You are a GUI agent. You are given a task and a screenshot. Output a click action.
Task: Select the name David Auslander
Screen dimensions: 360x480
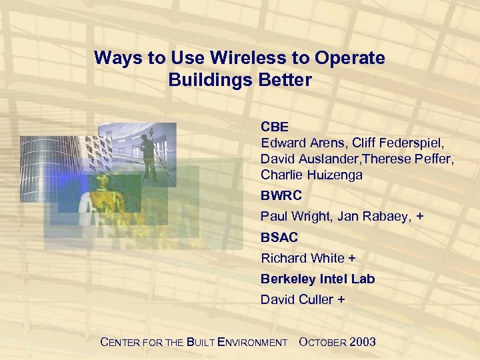(303, 159)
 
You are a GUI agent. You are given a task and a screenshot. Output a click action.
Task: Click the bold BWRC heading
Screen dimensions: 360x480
(281, 196)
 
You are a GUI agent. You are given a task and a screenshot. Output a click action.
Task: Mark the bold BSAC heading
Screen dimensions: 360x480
(279, 237)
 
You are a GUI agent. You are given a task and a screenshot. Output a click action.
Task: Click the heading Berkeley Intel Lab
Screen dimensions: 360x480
(318, 279)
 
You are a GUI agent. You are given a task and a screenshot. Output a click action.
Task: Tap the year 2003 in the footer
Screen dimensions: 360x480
(363, 342)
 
